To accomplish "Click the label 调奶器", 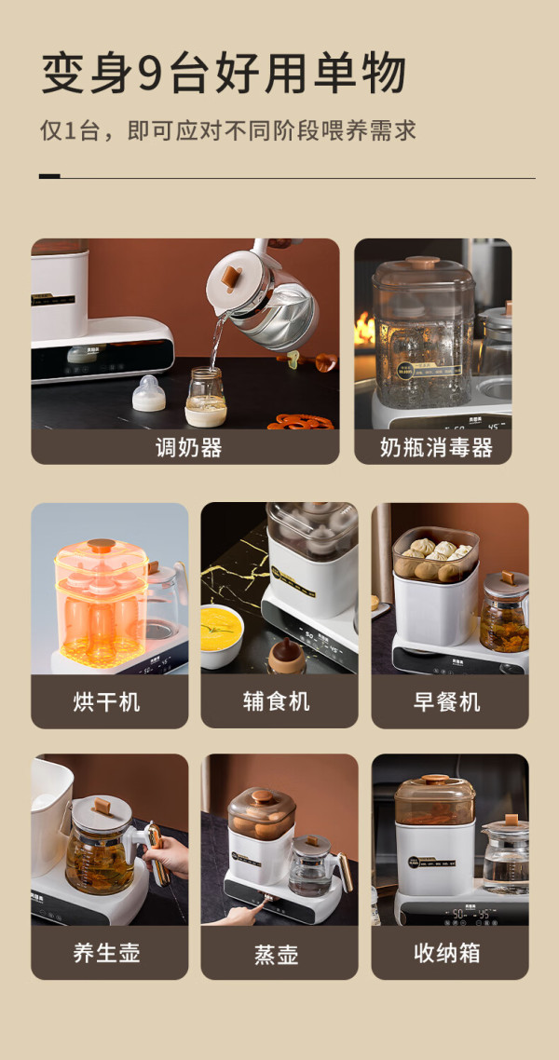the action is [x=188, y=447].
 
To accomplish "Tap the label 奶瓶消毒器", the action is [x=436, y=447].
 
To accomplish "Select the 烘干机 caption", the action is [x=107, y=701].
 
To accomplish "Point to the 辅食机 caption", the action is [x=277, y=701].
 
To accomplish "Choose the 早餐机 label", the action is [x=447, y=701].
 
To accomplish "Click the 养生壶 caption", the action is [x=107, y=953].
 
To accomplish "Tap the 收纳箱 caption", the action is [x=447, y=953].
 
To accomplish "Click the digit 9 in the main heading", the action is [x=152, y=74].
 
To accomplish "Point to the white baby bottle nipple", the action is [x=149, y=393].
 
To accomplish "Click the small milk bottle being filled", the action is [x=206, y=397].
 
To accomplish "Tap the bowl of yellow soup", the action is [x=222, y=635].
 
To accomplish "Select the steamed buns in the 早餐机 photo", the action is [x=436, y=560].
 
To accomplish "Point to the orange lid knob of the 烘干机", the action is [x=102, y=544].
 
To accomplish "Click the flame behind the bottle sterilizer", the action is [x=364, y=329].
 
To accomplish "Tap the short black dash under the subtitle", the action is [x=49, y=176].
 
